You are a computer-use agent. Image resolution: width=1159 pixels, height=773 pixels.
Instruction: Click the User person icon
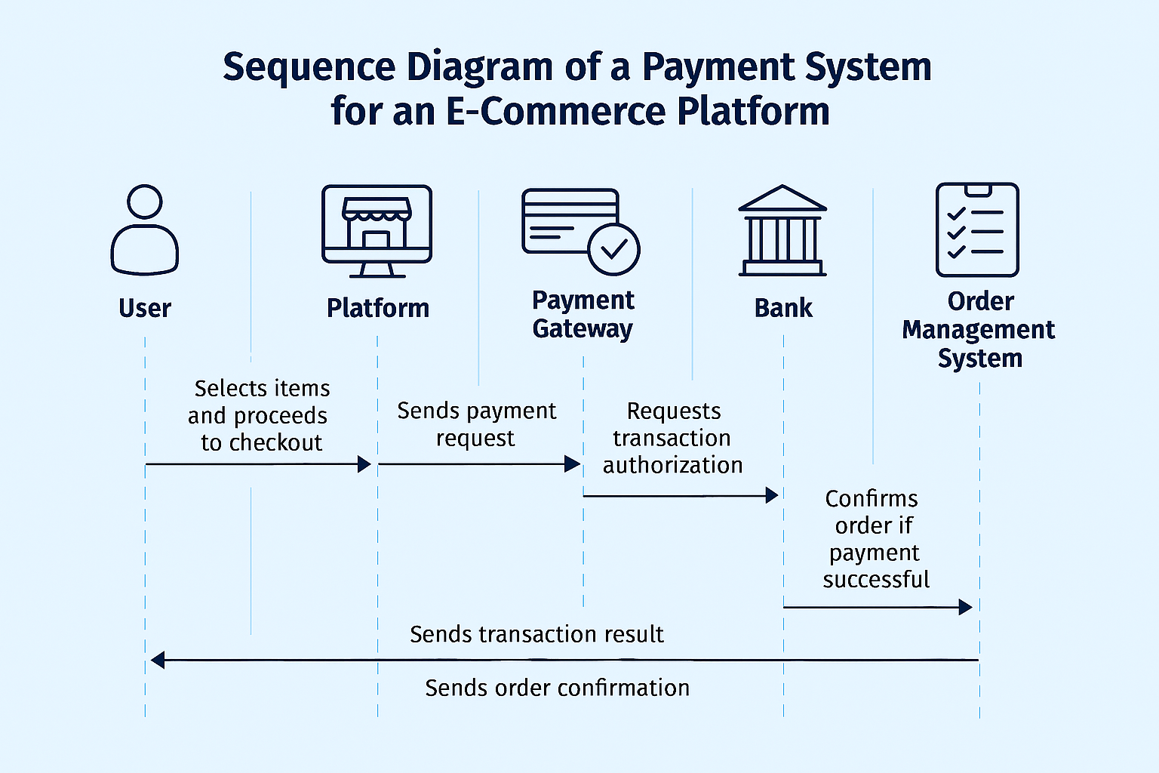click(x=145, y=229)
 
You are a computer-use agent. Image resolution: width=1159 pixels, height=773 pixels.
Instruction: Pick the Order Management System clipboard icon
click(x=977, y=229)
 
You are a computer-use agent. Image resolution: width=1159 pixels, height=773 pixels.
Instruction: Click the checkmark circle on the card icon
click(x=613, y=249)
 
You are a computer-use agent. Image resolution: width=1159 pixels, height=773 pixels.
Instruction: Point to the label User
click(x=145, y=308)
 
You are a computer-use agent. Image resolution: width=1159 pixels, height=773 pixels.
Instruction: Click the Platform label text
click(x=377, y=308)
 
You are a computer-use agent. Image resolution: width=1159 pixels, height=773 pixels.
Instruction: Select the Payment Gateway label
click(x=583, y=314)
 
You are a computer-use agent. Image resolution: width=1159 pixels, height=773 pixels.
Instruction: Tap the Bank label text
click(x=783, y=308)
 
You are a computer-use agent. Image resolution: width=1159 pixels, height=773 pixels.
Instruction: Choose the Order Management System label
click(x=979, y=330)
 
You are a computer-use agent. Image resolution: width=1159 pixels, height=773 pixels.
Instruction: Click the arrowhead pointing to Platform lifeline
click(x=364, y=464)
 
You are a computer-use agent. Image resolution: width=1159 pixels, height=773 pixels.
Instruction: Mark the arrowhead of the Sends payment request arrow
click(x=573, y=464)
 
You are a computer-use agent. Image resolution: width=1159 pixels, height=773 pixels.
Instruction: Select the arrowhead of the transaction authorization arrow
click(x=772, y=495)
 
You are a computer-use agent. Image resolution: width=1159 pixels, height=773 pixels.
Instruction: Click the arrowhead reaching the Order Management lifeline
click(x=965, y=607)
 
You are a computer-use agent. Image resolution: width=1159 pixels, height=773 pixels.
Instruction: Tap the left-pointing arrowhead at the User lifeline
click(x=158, y=661)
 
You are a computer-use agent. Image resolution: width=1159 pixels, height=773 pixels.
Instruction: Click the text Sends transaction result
click(x=536, y=634)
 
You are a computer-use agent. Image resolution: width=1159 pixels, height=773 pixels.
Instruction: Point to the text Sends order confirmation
click(x=557, y=688)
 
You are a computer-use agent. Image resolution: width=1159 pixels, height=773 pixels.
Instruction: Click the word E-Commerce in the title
click(x=556, y=111)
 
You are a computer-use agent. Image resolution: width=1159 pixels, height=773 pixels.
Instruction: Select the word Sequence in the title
click(x=309, y=66)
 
